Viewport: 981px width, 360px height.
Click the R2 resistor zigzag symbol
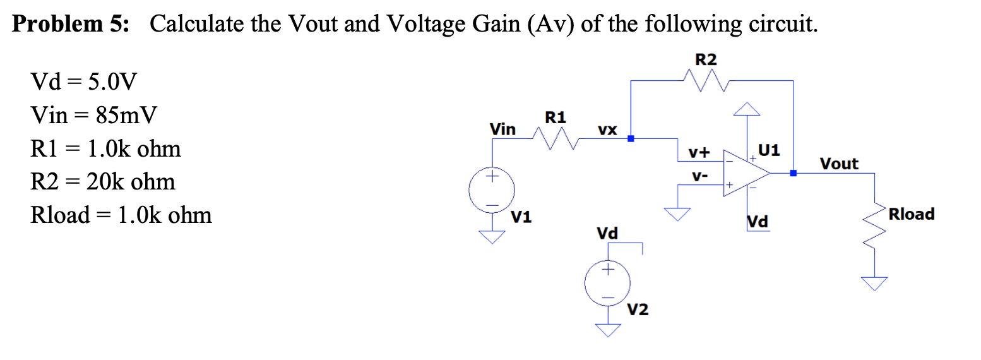click(x=706, y=81)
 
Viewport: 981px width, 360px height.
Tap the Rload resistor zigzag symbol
click(x=874, y=226)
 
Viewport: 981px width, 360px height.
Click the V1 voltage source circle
click(x=492, y=190)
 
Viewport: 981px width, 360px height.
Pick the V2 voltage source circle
click(x=607, y=283)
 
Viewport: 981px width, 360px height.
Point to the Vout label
click(x=839, y=164)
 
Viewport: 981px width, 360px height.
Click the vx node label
click(x=607, y=130)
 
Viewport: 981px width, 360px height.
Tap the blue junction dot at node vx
click(x=631, y=139)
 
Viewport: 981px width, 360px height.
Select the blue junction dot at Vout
click(x=793, y=173)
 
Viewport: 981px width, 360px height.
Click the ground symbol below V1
click(x=492, y=237)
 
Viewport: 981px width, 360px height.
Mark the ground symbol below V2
click(x=607, y=330)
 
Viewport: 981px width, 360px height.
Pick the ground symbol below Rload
click(x=874, y=284)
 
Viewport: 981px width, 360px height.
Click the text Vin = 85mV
click(x=93, y=115)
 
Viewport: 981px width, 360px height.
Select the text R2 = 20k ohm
click(x=102, y=181)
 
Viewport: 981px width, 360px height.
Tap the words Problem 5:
click(x=71, y=23)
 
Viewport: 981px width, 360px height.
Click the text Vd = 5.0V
click(x=83, y=81)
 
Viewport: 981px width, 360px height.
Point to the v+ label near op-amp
click(x=699, y=153)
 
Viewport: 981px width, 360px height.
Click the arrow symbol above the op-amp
click(x=747, y=109)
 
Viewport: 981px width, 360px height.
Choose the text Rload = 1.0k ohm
click(x=121, y=215)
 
